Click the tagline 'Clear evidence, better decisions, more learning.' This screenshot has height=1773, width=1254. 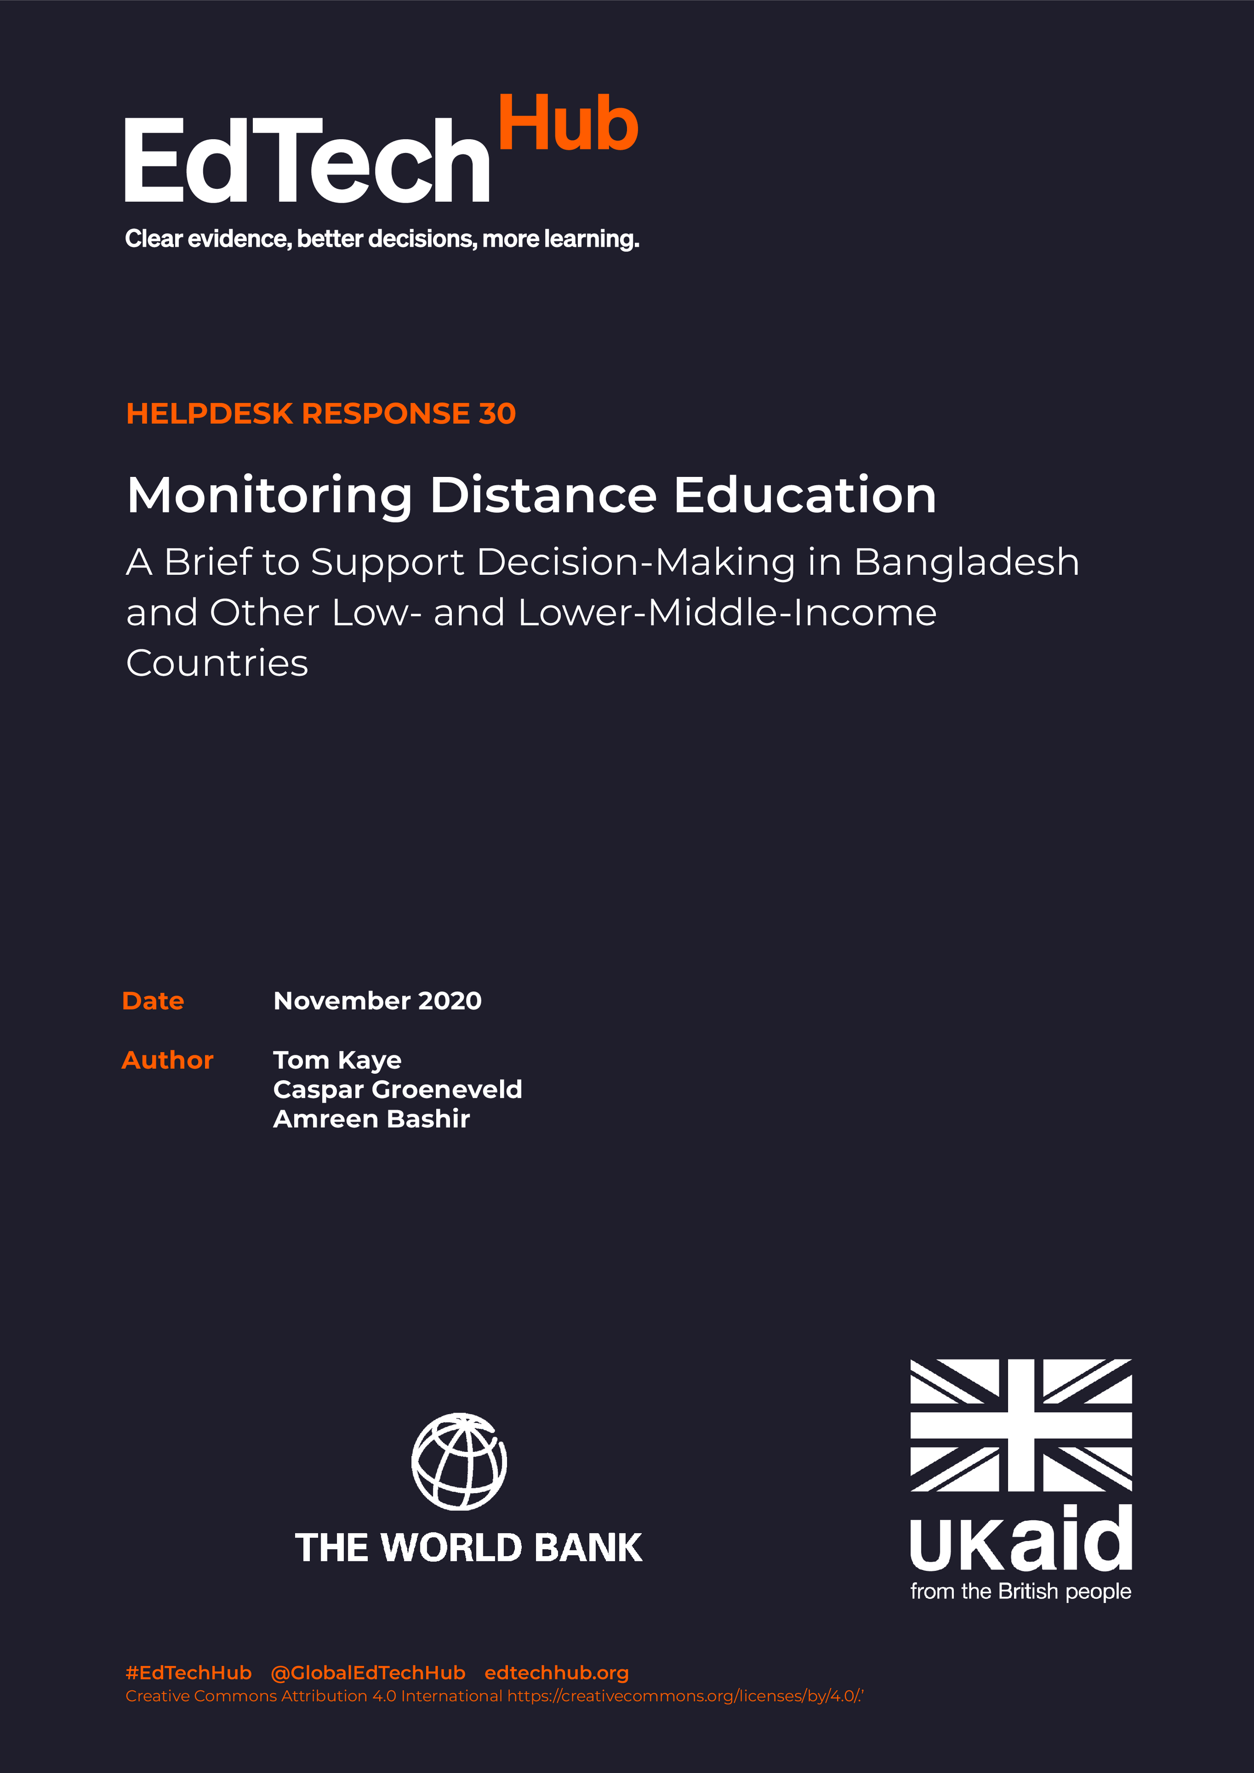(x=382, y=239)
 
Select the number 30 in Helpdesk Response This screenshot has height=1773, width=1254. (x=497, y=414)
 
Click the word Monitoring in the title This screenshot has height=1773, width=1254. (x=269, y=496)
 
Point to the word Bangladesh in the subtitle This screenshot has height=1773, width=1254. (x=966, y=562)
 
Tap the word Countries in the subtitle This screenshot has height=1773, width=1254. (x=217, y=663)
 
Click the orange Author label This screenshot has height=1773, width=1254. (x=168, y=1060)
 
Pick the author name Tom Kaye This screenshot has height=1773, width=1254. (x=337, y=1060)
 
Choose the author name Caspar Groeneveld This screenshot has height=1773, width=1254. (x=397, y=1090)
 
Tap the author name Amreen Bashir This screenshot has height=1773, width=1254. (x=371, y=1119)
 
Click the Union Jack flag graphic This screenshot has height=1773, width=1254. (x=1021, y=1425)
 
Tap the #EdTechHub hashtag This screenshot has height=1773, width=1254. (x=188, y=1673)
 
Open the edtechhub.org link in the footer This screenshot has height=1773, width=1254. (x=556, y=1673)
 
